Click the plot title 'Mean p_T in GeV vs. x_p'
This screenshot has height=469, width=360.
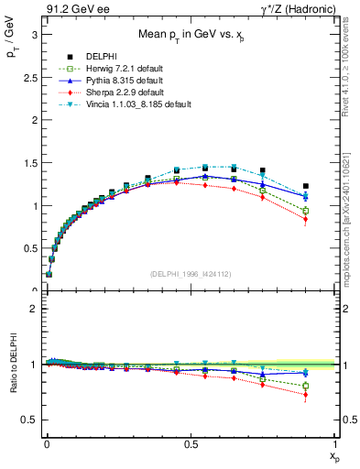tap(191, 34)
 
